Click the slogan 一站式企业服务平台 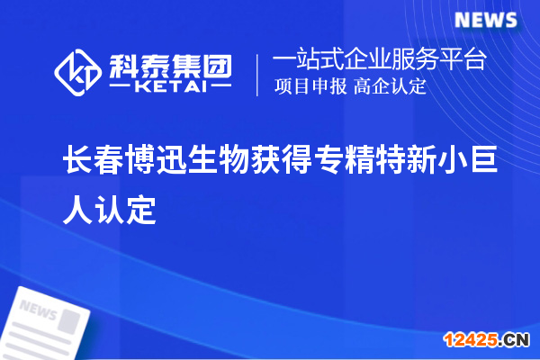tap(379, 61)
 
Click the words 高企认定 tap(390, 87)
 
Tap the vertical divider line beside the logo tap(258, 74)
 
